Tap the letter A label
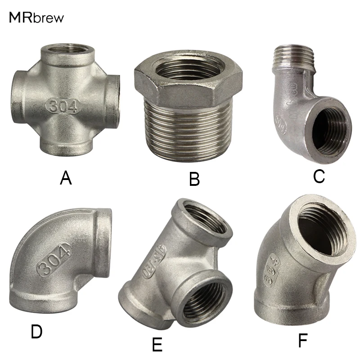pos(66,179)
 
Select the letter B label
pos(194,180)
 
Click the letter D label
pos(36,332)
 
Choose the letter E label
pos(157,344)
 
